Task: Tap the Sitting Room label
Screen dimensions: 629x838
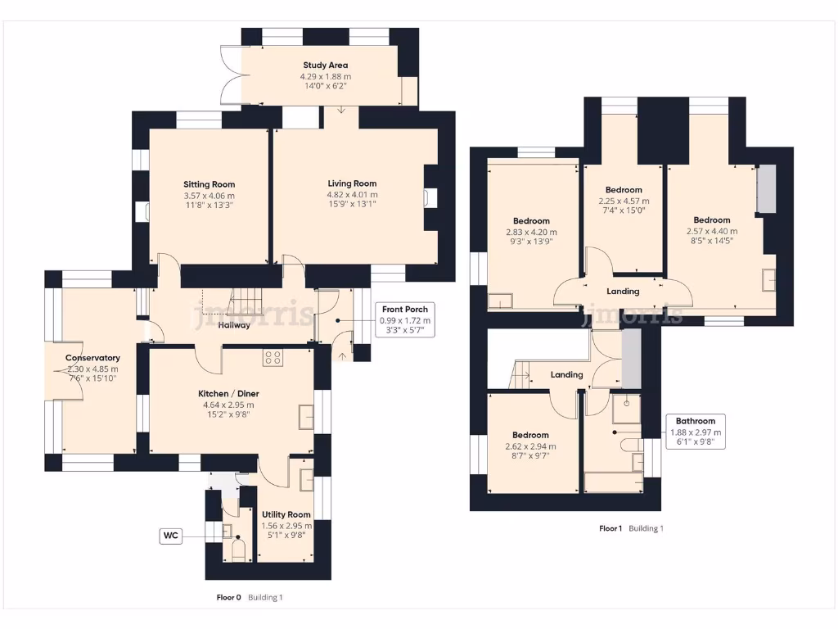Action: (x=209, y=184)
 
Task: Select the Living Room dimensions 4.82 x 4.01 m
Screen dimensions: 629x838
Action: (x=352, y=195)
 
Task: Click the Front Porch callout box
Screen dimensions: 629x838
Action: (x=406, y=320)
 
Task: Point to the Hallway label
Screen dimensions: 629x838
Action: (x=234, y=325)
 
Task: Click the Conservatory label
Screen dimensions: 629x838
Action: (x=92, y=358)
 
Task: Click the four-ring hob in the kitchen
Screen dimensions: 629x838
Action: (x=273, y=357)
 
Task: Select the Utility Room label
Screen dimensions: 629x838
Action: (x=286, y=514)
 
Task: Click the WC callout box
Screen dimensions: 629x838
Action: (x=171, y=536)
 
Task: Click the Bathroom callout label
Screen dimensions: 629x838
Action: (x=695, y=421)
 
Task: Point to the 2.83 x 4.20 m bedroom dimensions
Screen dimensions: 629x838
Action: (x=531, y=232)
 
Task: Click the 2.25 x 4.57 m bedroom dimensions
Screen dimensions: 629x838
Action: (x=623, y=201)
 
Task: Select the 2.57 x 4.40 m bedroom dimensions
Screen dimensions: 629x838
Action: (x=711, y=231)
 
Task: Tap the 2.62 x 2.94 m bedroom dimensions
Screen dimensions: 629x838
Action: (x=530, y=446)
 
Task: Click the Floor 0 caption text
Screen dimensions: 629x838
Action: (x=228, y=598)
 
